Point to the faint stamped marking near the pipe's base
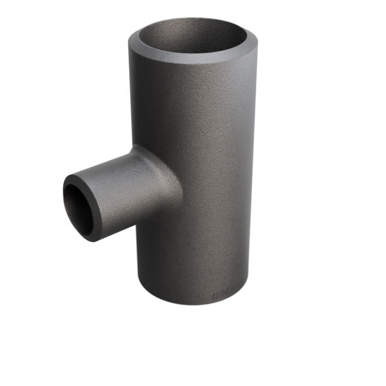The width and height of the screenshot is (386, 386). click(x=230, y=295)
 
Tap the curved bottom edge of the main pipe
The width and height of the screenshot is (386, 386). click(x=193, y=302)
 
